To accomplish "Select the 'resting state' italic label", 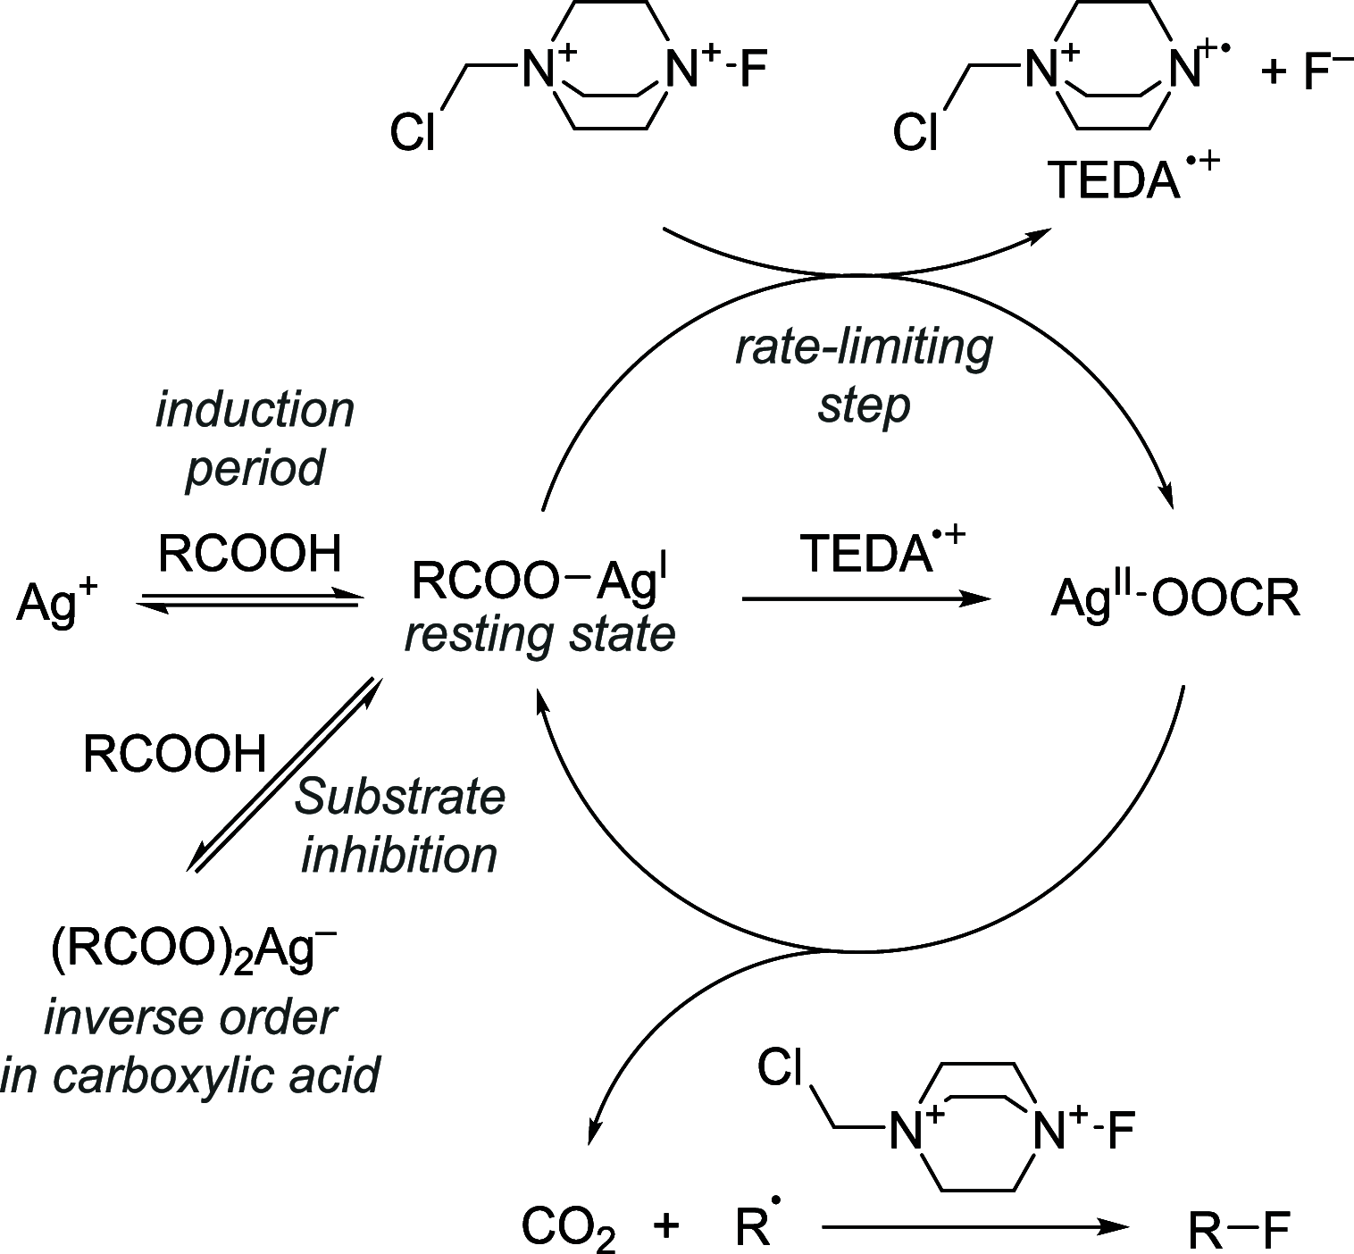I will point(539,635).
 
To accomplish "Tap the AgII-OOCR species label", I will point(1174,598).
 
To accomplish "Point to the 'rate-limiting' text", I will point(864,347).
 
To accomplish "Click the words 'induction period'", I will point(255,439).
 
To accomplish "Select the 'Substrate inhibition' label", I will point(399,825).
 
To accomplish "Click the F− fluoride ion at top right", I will point(1326,71).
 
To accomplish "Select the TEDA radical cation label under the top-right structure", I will point(1131,180).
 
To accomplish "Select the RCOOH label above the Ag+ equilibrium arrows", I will point(250,554).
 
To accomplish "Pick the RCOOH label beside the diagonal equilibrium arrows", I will point(175,753).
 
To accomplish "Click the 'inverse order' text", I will point(190,1017).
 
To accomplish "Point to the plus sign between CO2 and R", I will point(665,1226).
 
